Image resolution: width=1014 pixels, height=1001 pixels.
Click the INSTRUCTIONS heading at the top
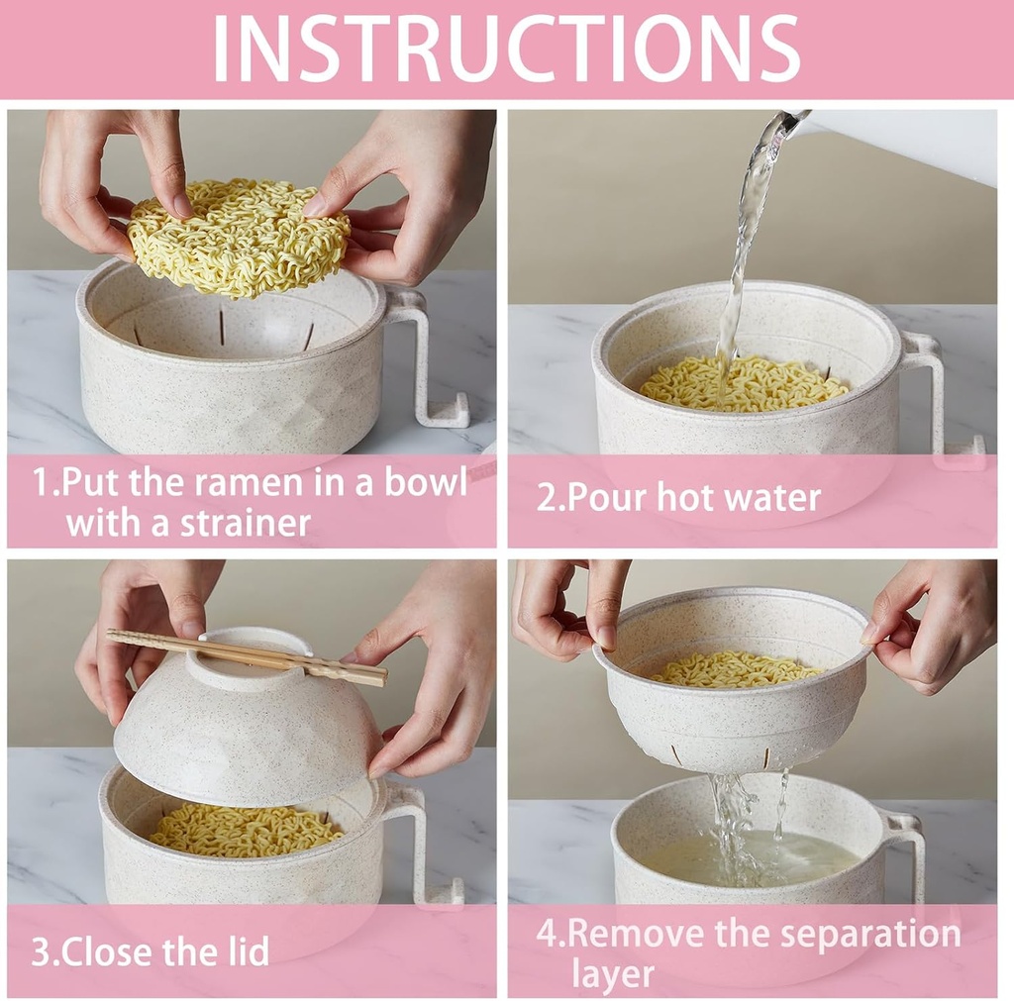[x=506, y=48]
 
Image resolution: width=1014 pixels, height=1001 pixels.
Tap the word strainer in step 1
[x=246, y=523]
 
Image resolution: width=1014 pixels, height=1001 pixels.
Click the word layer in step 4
[x=612, y=973]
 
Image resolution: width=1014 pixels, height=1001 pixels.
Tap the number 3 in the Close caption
[x=41, y=951]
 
